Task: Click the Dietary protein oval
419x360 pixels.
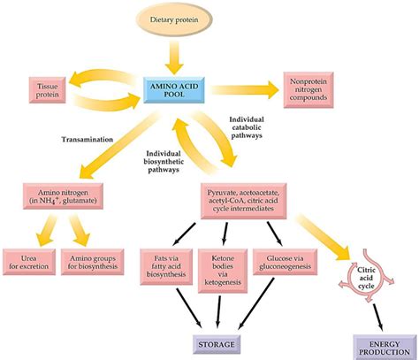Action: pyautogui.click(x=178, y=19)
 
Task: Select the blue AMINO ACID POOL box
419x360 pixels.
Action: pyautogui.click(x=177, y=90)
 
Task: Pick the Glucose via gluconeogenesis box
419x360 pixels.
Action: pyautogui.click(x=284, y=263)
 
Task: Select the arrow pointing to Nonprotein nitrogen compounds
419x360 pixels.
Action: pyautogui.click(x=243, y=89)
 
